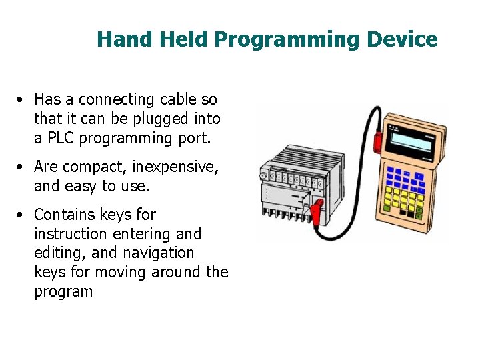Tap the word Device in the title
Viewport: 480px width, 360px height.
pos(401,39)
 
